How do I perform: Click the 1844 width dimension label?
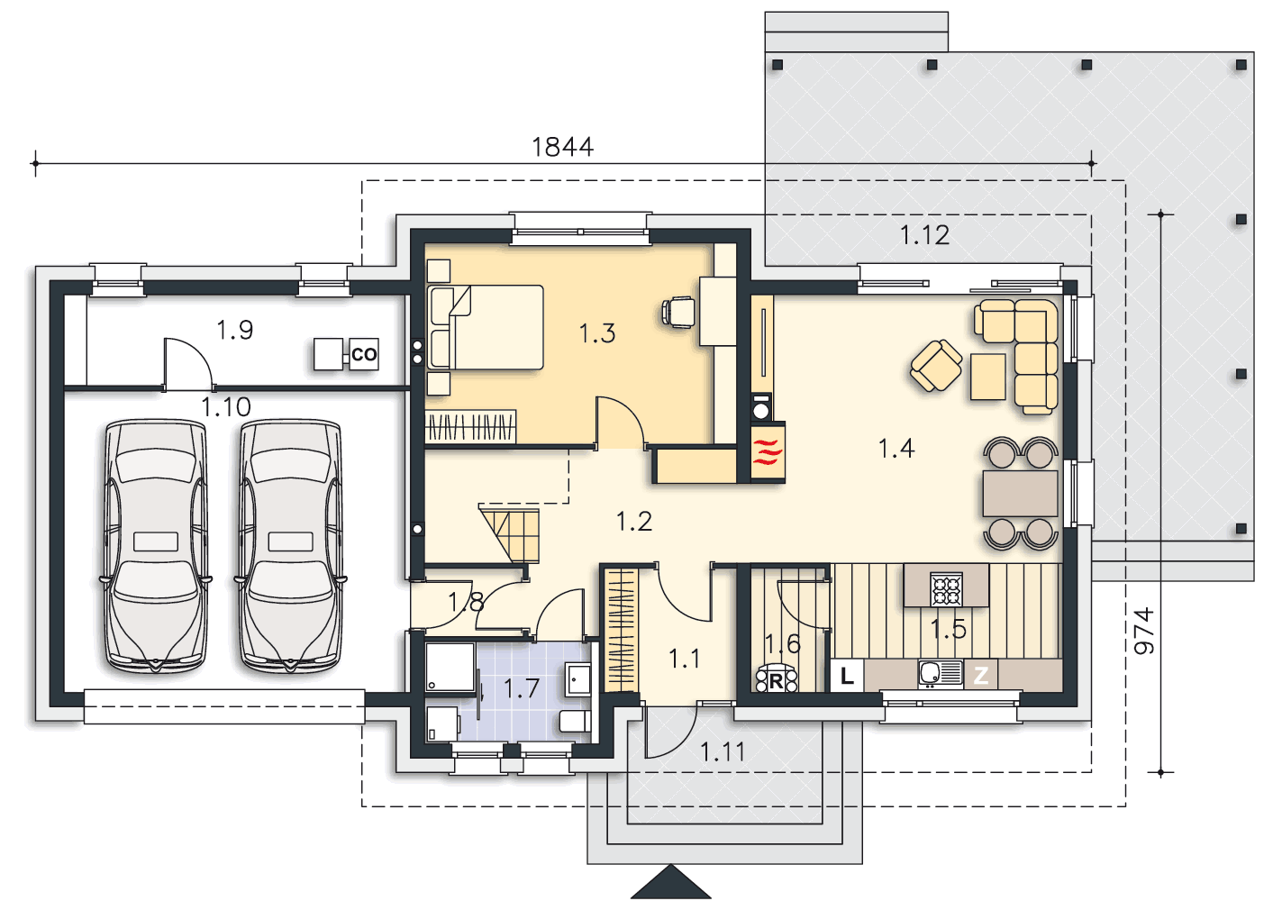(x=562, y=147)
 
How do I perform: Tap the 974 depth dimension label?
(x=1144, y=631)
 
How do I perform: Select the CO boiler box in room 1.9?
(x=364, y=354)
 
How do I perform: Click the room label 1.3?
(x=597, y=333)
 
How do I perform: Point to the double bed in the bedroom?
(x=486, y=327)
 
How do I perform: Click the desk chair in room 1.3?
(x=678, y=312)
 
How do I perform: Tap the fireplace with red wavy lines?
(x=768, y=452)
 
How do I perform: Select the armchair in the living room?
(x=936, y=366)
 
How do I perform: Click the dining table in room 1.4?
(x=1020, y=493)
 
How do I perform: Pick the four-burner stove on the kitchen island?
(x=946, y=589)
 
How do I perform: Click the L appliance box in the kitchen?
(x=847, y=676)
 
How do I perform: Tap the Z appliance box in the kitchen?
(x=980, y=676)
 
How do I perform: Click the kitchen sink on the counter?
(x=940, y=674)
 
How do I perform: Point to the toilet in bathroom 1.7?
(x=575, y=722)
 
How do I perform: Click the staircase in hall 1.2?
(x=510, y=534)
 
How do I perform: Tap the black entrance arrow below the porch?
(x=670, y=882)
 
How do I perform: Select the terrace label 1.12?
(x=924, y=235)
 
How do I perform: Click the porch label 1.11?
(x=723, y=752)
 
